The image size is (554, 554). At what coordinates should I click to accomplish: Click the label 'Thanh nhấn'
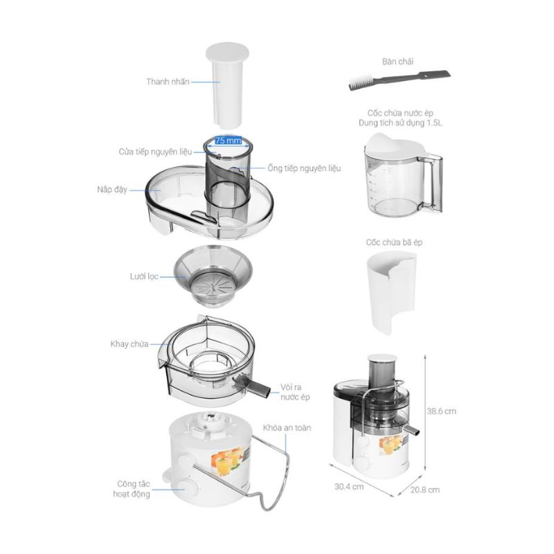tap(168, 82)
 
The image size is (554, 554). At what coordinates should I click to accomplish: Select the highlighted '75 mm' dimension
tap(229, 141)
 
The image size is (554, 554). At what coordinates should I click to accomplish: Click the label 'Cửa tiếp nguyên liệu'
tap(155, 152)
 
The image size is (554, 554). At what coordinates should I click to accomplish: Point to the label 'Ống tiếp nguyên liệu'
tap(304, 168)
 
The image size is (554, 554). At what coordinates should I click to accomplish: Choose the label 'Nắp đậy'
tap(112, 190)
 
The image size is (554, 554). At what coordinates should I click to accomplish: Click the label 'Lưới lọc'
tap(144, 276)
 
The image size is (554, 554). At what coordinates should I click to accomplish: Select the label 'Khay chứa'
tap(129, 344)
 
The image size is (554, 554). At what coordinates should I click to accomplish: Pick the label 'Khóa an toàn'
tap(287, 428)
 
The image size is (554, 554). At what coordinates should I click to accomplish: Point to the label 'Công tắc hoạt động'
tap(132, 489)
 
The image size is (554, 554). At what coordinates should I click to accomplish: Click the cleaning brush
tap(400, 80)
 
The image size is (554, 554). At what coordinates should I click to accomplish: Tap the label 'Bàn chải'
tap(397, 62)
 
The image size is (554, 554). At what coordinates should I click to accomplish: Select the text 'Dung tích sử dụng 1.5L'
tap(400, 123)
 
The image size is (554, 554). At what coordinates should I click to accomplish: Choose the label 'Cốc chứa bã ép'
tap(394, 242)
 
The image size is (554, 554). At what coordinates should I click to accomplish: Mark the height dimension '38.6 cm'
tap(441, 411)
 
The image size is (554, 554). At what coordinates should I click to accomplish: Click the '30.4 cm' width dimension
tap(349, 487)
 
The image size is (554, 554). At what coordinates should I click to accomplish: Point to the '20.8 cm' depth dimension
tap(425, 490)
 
